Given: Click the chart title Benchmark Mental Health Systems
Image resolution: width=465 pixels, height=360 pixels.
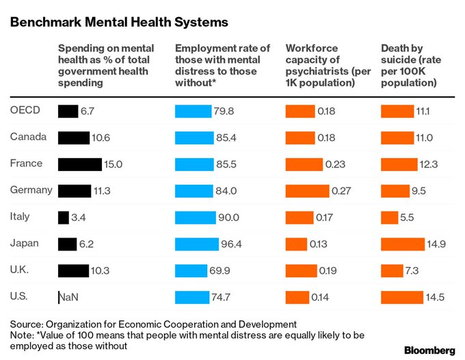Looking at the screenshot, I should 118,22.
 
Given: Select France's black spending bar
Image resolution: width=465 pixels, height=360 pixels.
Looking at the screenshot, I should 79,164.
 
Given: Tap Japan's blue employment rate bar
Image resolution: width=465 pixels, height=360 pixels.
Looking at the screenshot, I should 197,244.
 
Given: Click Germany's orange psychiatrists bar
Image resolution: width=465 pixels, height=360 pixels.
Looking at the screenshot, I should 306,191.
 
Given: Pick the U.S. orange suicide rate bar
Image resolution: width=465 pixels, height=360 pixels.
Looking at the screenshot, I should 401,297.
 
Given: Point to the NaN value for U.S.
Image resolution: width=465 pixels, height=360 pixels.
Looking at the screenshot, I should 69,297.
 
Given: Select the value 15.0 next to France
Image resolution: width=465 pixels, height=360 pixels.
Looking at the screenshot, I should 114,164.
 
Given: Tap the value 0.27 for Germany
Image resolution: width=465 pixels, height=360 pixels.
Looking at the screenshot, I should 341,191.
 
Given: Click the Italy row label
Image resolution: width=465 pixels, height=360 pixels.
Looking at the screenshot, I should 20,216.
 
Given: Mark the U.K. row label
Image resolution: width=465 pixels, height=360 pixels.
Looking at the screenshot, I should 21,269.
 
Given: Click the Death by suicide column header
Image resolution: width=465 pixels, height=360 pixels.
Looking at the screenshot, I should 408,66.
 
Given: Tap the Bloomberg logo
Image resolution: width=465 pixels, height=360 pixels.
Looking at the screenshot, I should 429,350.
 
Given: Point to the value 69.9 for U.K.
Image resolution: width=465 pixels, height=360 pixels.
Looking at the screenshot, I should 220,270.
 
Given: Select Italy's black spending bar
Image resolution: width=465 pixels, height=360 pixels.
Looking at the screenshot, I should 64,218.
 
